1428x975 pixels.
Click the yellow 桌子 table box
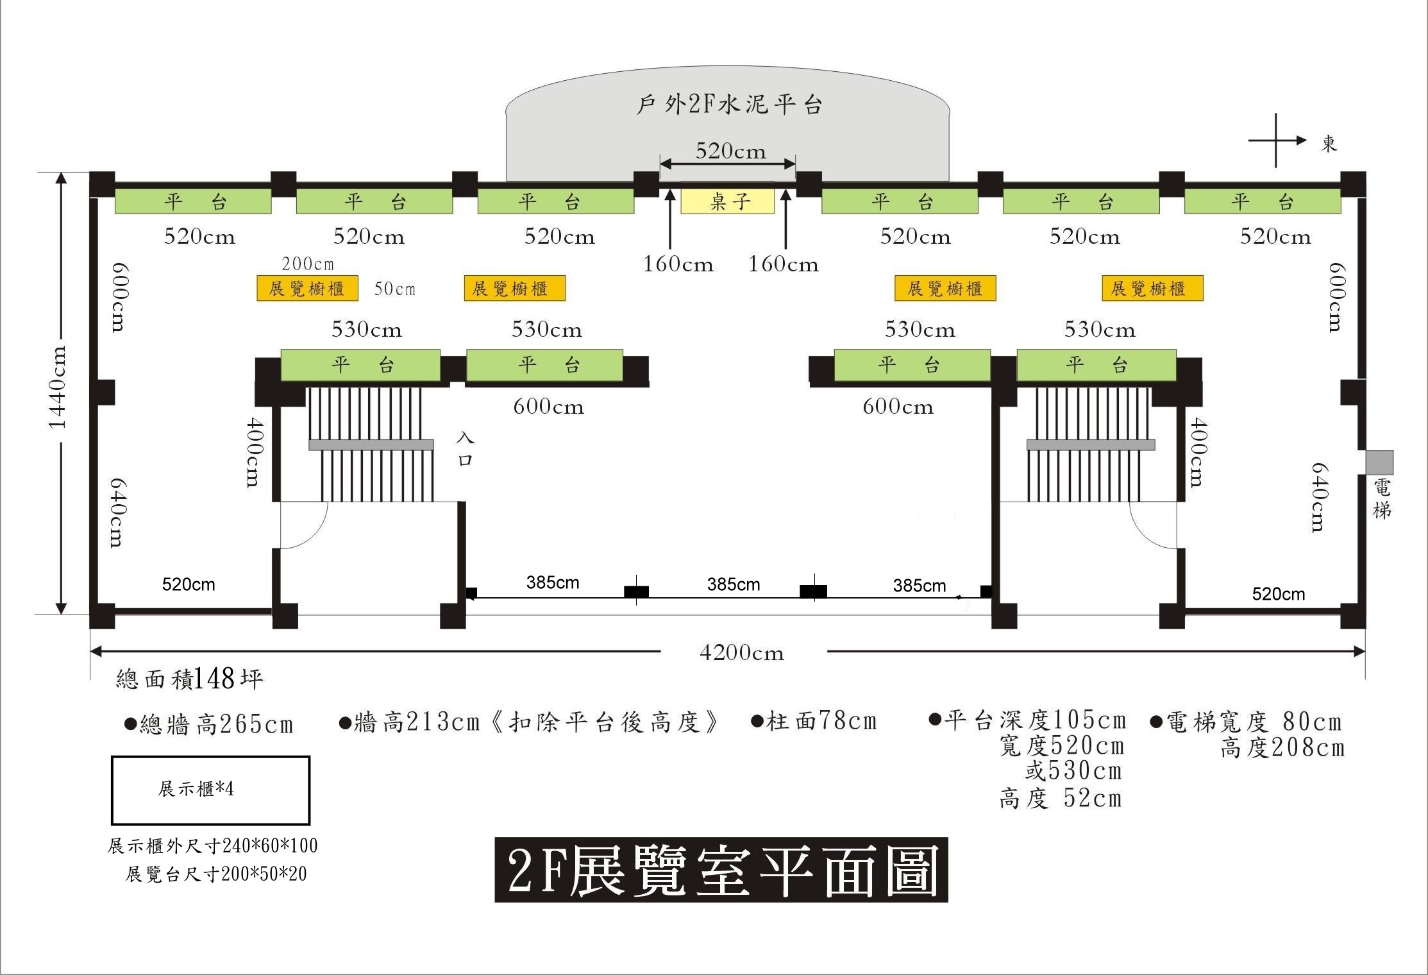[728, 201]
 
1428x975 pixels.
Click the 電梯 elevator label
[1382, 499]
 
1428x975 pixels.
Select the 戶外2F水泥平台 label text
[729, 105]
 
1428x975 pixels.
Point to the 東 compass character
[1329, 144]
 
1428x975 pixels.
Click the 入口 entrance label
[465, 449]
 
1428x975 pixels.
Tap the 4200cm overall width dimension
[742, 653]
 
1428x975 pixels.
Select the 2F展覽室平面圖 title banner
[721, 870]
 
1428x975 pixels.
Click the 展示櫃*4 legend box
[210, 790]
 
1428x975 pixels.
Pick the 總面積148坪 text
[189, 679]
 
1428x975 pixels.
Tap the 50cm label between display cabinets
[395, 289]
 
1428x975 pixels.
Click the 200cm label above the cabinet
[308, 264]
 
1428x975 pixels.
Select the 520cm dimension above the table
[731, 151]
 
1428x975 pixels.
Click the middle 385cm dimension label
[734, 584]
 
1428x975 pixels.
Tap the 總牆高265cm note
[209, 724]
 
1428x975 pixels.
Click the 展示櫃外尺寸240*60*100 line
[213, 846]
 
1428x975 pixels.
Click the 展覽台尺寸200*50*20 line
[216, 874]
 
